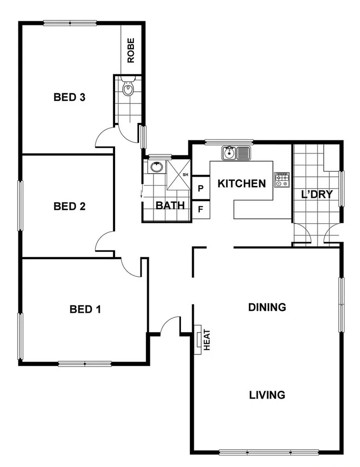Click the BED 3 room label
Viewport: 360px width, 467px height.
point(70,97)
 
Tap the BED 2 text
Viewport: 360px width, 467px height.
point(70,206)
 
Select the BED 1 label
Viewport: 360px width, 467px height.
point(85,309)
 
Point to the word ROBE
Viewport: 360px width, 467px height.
point(131,50)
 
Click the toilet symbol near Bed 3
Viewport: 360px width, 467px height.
point(129,90)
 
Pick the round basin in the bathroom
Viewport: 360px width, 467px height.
point(156,167)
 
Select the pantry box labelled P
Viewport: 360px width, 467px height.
point(201,188)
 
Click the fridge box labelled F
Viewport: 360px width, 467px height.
point(201,210)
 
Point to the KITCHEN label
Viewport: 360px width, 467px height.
point(241,183)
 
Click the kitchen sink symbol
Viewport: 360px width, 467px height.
point(236,153)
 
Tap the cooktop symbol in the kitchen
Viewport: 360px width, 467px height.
point(282,179)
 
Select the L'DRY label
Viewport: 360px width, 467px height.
point(316,195)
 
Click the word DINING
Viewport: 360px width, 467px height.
point(267,307)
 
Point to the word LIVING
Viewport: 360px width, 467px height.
point(267,395)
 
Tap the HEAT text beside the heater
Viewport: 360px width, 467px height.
point(206,340)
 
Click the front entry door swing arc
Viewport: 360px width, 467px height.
point(169,326)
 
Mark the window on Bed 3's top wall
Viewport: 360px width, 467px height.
point(70,22)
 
